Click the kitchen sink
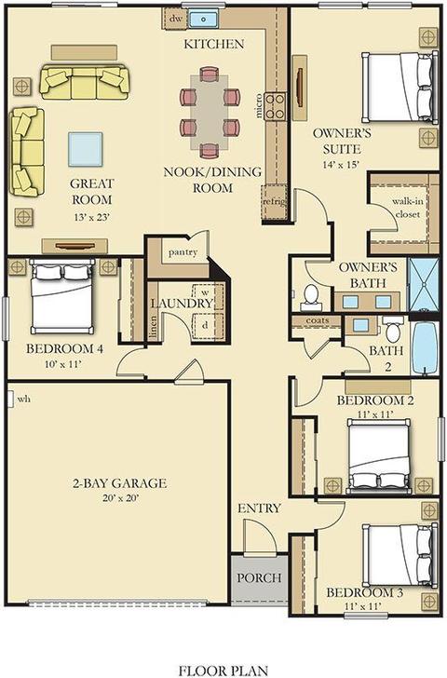203,19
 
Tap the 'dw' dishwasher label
175,19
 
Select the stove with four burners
276,106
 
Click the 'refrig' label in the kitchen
274,201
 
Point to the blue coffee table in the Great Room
85,150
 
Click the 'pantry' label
183,252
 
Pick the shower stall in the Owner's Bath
424,285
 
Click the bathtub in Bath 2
425,348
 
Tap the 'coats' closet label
318,320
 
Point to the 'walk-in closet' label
406,208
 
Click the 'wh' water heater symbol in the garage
10,400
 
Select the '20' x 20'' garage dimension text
121,498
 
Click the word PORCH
260,578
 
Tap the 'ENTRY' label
260,508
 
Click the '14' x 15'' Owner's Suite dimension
341,165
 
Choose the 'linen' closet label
153,327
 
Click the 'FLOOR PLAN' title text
223,671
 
